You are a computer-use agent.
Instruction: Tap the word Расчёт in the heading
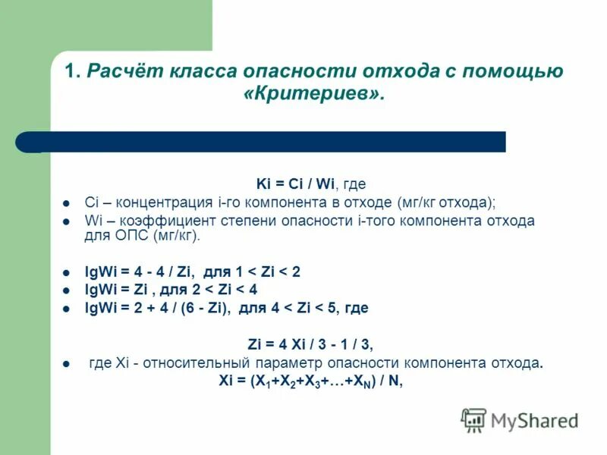pos(125,72)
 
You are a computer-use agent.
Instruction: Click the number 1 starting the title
pos(71,72)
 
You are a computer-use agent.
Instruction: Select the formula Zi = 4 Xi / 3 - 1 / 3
pos(310,344)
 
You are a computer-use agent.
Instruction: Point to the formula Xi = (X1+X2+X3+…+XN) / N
pos(310,381)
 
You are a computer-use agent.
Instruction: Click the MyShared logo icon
pos(474,419)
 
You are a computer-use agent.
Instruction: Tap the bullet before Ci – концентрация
pos(66,203)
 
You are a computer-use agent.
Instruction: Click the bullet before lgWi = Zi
pos(66,290)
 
